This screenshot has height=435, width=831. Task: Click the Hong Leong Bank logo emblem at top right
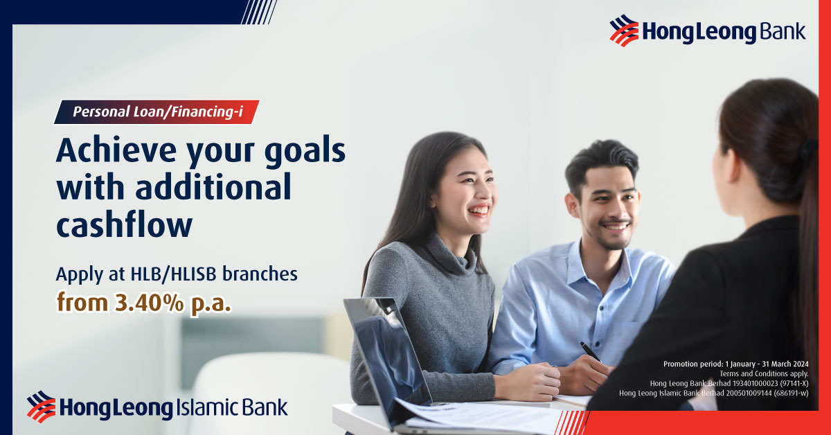click(624, 30)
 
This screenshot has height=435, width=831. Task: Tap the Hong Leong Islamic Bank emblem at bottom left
click(41, 407)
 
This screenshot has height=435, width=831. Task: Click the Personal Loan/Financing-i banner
click(157, 112)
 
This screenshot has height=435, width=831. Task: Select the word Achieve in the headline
click(116, 150)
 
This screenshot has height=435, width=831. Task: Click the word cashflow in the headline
click(124, 224)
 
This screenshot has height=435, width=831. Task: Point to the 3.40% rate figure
click(149, 303)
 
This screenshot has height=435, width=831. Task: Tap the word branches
click(260, 274)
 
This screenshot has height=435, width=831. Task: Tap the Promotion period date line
click(735, 364)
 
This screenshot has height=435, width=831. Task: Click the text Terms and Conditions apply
click(764, 373)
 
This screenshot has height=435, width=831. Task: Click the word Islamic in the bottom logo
click(202, 407)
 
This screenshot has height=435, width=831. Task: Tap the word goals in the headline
click(305, 152)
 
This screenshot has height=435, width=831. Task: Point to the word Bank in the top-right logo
click(783, 31)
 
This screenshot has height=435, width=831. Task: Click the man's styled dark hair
click(601, 160)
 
